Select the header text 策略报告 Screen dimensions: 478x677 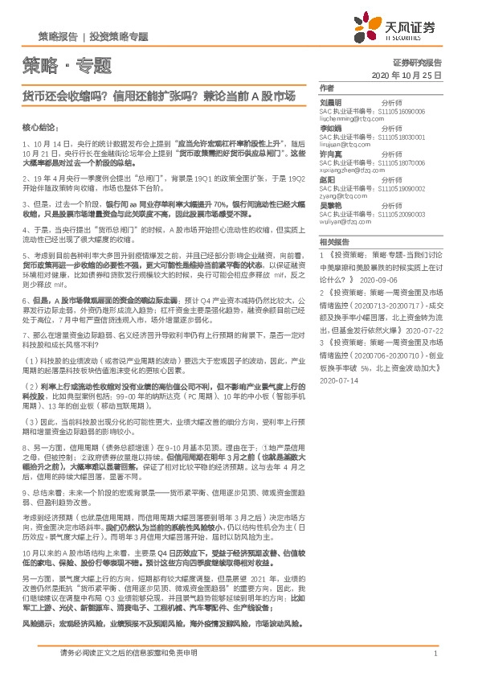click(x=58, y=36)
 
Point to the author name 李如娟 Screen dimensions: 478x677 click(x=331, y=127)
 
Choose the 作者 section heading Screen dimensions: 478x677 click(x=325, y=87)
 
